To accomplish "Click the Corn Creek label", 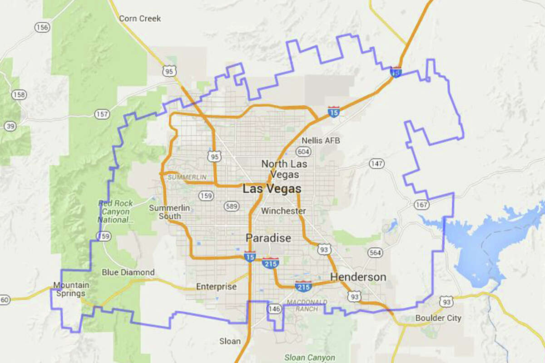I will (140, 19).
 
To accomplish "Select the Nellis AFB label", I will (321, 140).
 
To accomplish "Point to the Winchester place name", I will (283, 211).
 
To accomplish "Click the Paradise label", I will (268, 238).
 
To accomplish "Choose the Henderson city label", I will (358, 277).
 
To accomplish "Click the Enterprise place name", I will (216, 287).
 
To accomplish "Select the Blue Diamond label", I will (128, 272).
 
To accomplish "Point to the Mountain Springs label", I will (71, 289).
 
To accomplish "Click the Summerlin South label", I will (169, 212).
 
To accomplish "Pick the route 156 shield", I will (42, 27).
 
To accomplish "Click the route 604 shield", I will (303, 151).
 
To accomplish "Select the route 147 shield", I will (377, 163).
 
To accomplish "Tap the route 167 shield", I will (421, 205).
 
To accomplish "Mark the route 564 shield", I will (375, 253).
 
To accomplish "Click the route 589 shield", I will (232, 206).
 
